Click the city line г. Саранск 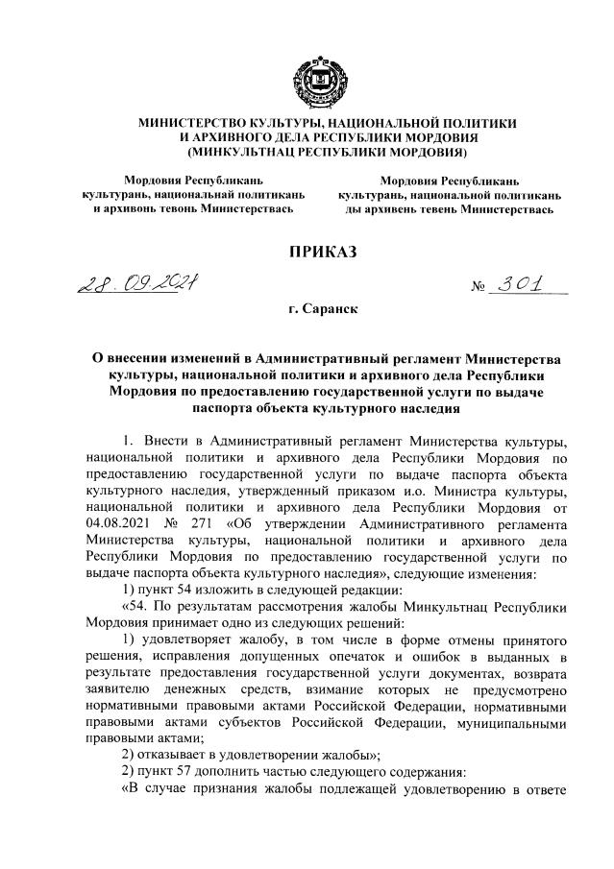click(x=307, y=313)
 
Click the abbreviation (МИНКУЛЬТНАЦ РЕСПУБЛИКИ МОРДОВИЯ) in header click(x=307, y=153)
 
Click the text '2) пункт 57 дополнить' click(x=183, y=771)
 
